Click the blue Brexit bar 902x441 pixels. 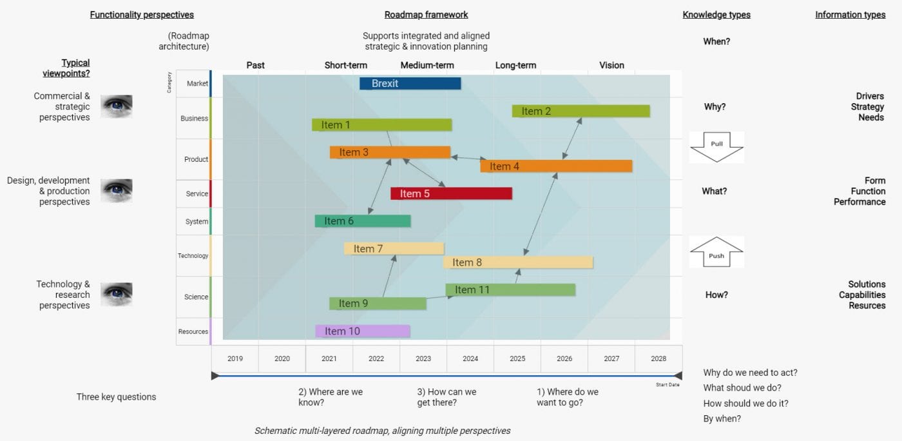(410, 83)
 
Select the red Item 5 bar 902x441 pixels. (451, 193)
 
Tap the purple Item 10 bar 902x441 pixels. (362, 331)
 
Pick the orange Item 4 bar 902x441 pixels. (555, 166)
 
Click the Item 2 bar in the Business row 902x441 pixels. (581, 111)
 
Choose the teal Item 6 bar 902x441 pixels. (362, 221)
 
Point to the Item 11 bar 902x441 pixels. (510, 290)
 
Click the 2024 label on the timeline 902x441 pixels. (470, 358)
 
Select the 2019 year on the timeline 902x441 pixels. (235, 358)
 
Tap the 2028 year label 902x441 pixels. (658, 358)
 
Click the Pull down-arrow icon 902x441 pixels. (716, 146)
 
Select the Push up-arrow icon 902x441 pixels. (716, 252)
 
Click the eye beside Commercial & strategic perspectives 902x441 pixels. (117, 106)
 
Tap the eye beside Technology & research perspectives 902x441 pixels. (117, 294)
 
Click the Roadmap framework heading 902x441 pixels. (426, 15)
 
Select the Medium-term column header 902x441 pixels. (427, 65)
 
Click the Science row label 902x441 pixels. (197, 297)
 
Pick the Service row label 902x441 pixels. (197, 193)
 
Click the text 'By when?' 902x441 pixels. (722, 419)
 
